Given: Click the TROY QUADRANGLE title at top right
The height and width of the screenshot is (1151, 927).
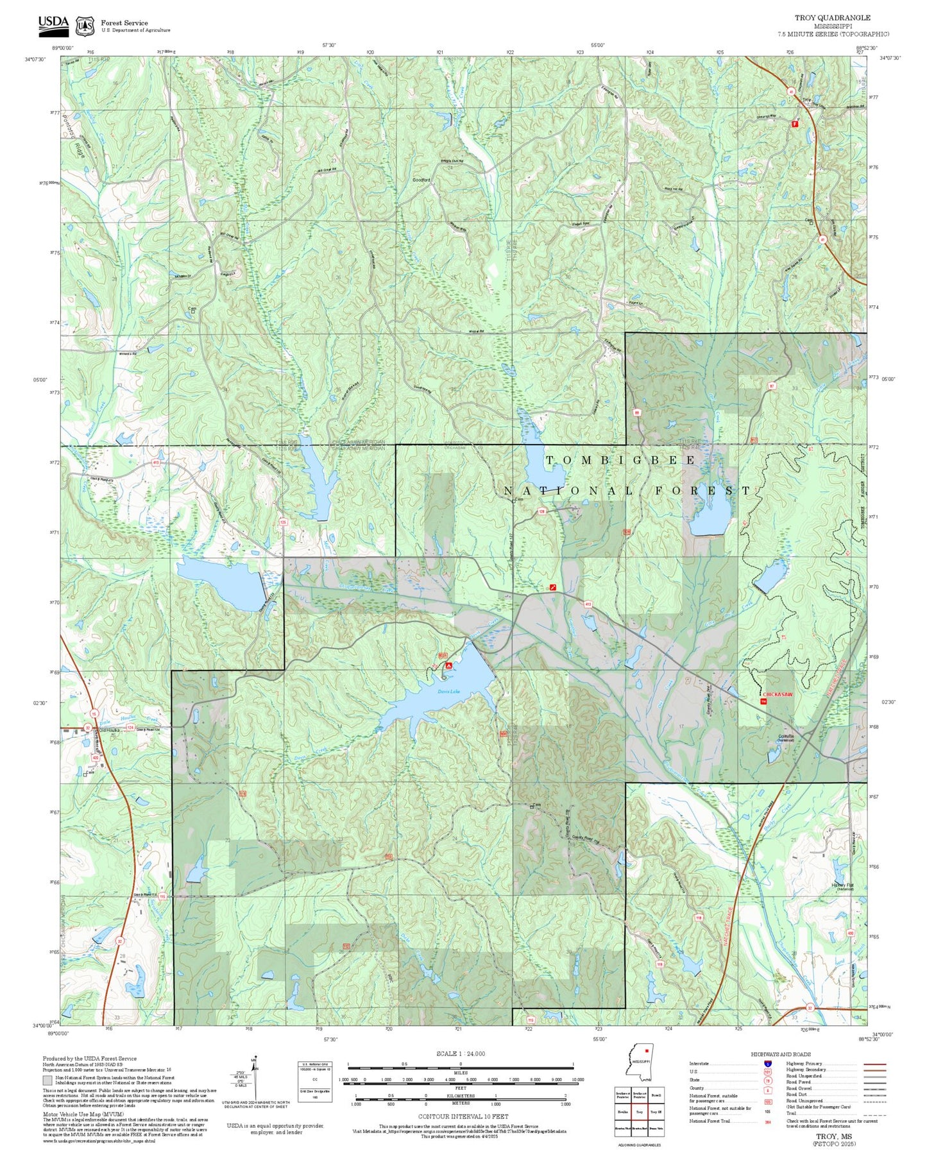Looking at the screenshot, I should pos(832,18).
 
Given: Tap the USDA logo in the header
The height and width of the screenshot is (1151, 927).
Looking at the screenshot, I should pos(53,24).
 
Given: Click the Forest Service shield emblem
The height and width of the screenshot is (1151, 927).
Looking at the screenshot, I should pos(84,26).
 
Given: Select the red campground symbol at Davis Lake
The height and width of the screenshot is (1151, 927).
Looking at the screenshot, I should pos(448,666).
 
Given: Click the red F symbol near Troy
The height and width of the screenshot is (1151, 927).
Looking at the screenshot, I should pos(795,123).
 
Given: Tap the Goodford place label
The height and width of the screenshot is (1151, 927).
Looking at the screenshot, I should pos(421,180).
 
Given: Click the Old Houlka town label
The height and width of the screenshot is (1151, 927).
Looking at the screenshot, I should pos(110,730).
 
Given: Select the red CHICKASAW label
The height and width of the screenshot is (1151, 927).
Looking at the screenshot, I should pos(778,694).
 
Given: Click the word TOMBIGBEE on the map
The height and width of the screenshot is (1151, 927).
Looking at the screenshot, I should pos(620,460).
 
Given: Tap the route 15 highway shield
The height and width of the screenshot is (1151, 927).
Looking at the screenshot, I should pos(94,713).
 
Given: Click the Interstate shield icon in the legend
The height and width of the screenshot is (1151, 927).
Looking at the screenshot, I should pos(767,1063).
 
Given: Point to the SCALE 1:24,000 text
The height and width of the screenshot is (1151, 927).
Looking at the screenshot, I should pos(460,1053).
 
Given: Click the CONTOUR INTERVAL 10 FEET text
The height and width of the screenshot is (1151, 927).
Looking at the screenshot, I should pos(460,1116).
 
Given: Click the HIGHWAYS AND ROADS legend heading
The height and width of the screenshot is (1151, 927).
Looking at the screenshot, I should pos(780,1054).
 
